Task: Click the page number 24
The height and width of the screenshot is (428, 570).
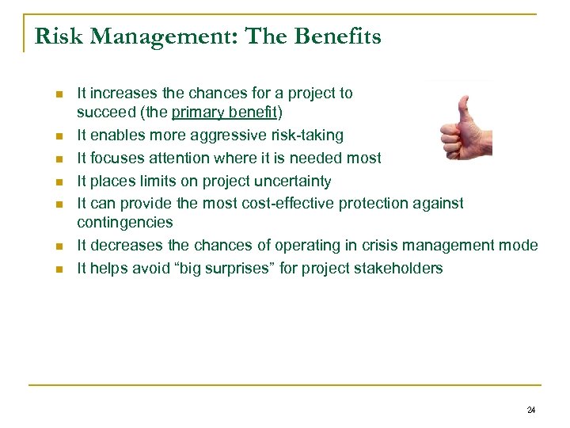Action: (x=530, y=410)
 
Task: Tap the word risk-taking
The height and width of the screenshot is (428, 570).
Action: (x=305, y=136)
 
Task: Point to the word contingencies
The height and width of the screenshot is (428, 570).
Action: (x=124, y=224)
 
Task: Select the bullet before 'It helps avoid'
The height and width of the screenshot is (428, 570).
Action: (x=58, y=269)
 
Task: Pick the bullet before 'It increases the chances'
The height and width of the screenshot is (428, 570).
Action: (x=58, y=94)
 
